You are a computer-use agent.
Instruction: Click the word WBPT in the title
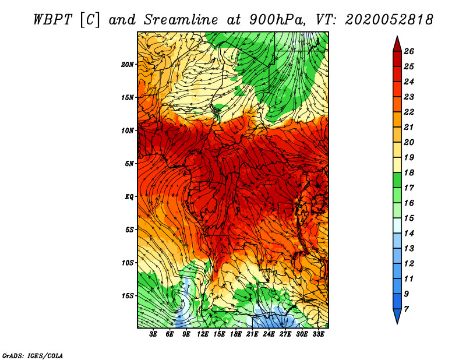pos(52,20)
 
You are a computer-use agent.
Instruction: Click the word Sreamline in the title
pos(181,20)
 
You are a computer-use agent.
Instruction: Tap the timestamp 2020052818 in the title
pos(389,20)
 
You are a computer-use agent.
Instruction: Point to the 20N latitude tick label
pos(127,65)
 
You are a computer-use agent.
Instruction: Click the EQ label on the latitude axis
pos(129,197)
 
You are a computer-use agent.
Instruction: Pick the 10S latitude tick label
pos(127,263)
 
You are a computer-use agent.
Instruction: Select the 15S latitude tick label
pos(127,296)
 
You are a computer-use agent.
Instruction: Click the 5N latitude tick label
pos(129,164)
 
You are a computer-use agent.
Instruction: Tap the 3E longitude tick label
pos(153,334)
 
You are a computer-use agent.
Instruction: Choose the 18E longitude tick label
pos(236,334)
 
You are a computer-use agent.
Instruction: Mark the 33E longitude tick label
pos(318,334)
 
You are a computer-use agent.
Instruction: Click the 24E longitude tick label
pos(269,334)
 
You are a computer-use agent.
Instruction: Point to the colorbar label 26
pos(409,51)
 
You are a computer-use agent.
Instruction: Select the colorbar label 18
pos(409,172)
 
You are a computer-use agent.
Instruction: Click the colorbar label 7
pos(406,309)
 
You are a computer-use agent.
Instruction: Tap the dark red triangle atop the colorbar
pos(397,45)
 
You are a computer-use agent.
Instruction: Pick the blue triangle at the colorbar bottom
pos(397,315)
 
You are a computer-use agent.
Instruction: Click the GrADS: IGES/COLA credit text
pos(33,355)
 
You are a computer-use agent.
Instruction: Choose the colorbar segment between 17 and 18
pos(397,180)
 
